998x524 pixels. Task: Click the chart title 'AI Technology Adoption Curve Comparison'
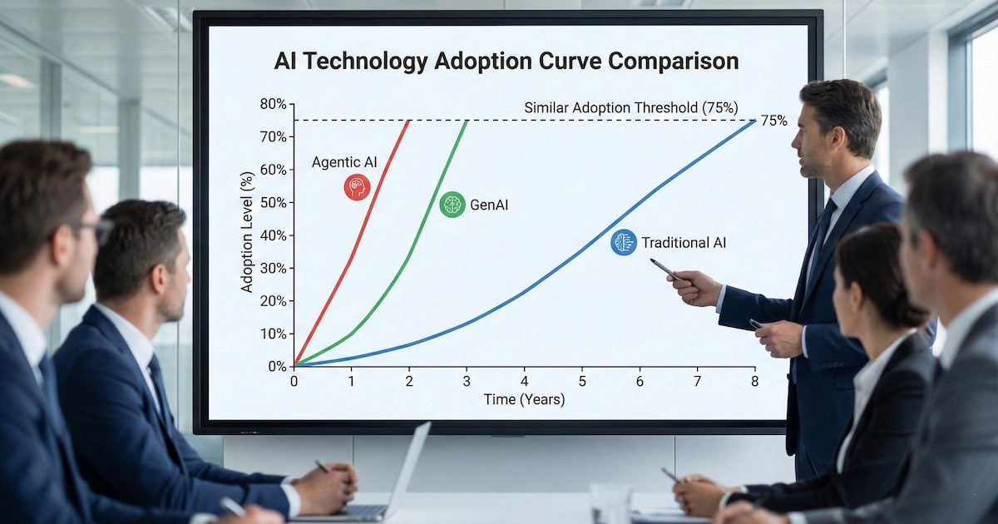[x=506, y=62]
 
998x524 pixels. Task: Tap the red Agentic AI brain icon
[x=357, y=186]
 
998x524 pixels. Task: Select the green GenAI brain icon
[x=452, y=204]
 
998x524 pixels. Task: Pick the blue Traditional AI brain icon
[x=624, y=243]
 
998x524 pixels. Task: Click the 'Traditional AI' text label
[x=683, y=243]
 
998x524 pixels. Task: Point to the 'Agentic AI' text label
[x=344, y=162]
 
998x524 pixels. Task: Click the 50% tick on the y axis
[x=274, y=203]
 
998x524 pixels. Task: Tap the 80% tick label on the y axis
[x=274, y=104]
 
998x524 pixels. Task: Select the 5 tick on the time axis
[x=582, y=381]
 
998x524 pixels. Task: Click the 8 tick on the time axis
[x=755, y=381]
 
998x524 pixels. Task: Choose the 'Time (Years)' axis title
[x=525, y=400]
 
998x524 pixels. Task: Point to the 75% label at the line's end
[x=774, y=121]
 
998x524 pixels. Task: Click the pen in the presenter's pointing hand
[x=665, y=268]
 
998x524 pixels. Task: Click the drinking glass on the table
[x=610, y=503]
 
